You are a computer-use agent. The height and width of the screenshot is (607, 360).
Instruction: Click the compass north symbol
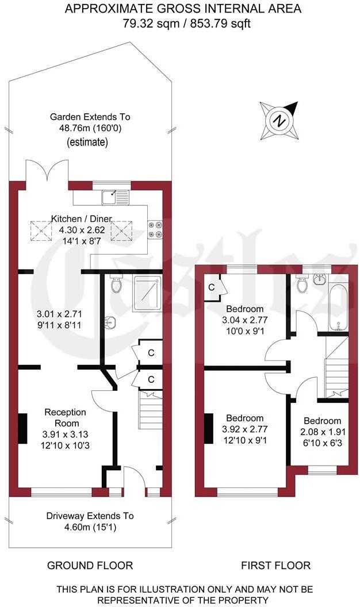click(279, 121)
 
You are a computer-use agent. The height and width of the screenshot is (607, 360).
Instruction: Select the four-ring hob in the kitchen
click(156, 229)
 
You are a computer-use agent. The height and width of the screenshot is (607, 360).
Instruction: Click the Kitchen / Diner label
click(81, 219)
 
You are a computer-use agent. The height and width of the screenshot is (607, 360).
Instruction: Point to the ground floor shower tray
click(148, 293)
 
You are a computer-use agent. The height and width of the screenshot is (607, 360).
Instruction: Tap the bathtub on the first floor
click(339, 307)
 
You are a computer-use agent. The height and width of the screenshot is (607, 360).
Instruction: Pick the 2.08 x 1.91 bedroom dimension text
click(322, 432)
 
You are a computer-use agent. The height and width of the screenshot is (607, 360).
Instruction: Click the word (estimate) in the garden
click(87, 142)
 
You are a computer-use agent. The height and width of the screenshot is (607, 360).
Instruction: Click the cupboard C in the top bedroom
click(212, 287)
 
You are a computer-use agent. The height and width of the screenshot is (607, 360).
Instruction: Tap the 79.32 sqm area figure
click(148, 24)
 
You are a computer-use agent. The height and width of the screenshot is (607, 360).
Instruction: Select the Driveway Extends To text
click(90, 516)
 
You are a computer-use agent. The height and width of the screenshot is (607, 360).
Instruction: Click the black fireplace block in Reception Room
click(23, 429)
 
